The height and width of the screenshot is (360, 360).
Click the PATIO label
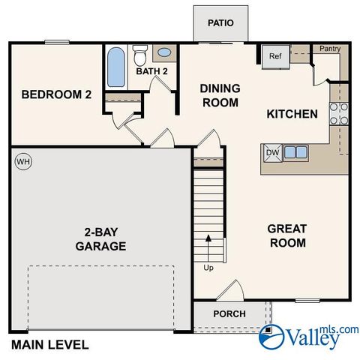[221, 22]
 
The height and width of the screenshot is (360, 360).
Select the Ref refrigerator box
[274, 56]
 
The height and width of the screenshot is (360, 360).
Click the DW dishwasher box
[271, 153]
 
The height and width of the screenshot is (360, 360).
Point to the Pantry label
[329, 49]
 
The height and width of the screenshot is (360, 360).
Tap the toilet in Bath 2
[139, 55]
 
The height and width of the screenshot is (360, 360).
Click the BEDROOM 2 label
[56, 94]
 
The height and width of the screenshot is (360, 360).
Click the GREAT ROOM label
[287, 235]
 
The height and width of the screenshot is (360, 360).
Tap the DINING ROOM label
[219, 95]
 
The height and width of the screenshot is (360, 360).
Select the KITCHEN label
[292, 114]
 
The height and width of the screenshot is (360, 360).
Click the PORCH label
[229, 313]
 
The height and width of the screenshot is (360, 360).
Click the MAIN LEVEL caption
[49, 345]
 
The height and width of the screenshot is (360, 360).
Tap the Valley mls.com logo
[307, 337]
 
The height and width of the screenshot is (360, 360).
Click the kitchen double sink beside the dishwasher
[295, 153]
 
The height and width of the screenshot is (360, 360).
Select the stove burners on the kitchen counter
[337, 112]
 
